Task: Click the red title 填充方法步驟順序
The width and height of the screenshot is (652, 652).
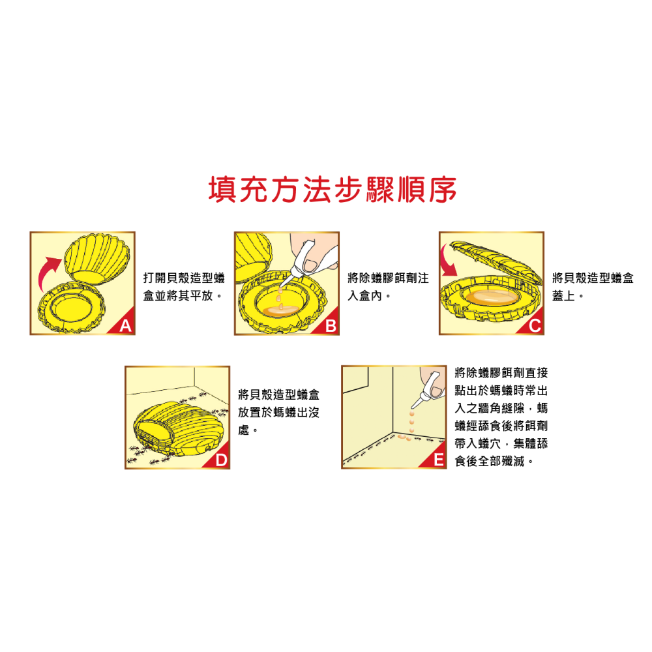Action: [x=333, y=190]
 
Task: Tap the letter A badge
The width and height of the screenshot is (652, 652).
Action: [x=126, y=327]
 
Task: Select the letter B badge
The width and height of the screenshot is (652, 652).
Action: [x=331, y=327]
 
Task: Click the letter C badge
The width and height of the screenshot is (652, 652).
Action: [x=535, y=327]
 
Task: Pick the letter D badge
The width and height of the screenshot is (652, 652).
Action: [x=221, y=461]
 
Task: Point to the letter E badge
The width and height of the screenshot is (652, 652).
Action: [x=439, y=461]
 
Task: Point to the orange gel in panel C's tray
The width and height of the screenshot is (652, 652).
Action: [x=490, y=297]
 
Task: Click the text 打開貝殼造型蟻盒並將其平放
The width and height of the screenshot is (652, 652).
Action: [x=183, y=288]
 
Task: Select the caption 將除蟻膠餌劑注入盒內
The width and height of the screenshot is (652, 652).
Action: [x=388, y=288]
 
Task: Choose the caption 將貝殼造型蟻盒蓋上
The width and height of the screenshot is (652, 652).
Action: [x=592, y=288]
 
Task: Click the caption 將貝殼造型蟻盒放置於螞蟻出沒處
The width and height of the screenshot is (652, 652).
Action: [x=278, y=413]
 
